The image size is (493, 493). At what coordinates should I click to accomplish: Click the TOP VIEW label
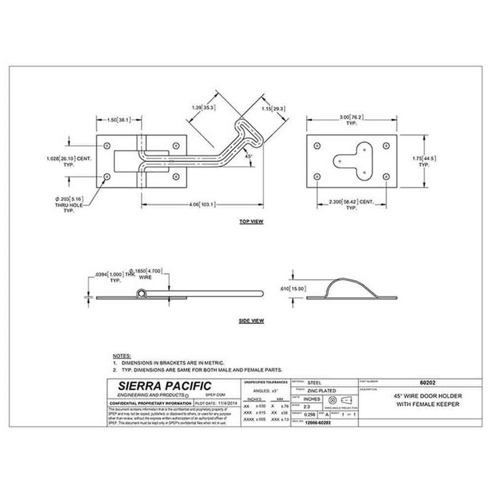pyautogui.click(x=251, y=220)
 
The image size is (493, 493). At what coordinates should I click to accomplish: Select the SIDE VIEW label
pyautogui.click(x=251, y=321)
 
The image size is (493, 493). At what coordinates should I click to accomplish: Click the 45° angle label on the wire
pyautogui.click(x=249, y=157)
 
